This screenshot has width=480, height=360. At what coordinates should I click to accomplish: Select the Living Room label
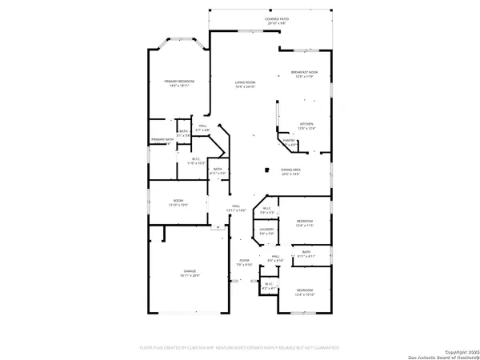[245, 84]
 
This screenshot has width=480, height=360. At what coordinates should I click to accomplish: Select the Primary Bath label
[162, 141]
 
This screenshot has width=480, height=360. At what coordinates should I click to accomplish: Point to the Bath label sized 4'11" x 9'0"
[218, 171]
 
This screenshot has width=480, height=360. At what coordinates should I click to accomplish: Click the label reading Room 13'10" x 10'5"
[177, 203]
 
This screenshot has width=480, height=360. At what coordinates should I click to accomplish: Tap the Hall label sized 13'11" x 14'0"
[237, 208]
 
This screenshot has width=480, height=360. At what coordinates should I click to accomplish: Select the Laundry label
[266, 232]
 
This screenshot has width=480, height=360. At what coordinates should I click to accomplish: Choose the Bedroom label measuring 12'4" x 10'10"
[305, 292]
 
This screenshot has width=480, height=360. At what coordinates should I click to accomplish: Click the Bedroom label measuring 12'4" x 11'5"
[305, 223]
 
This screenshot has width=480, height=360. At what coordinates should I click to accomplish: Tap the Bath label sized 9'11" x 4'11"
[306, 254]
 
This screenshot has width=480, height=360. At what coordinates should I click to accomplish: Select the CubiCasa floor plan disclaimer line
[239, 348]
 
